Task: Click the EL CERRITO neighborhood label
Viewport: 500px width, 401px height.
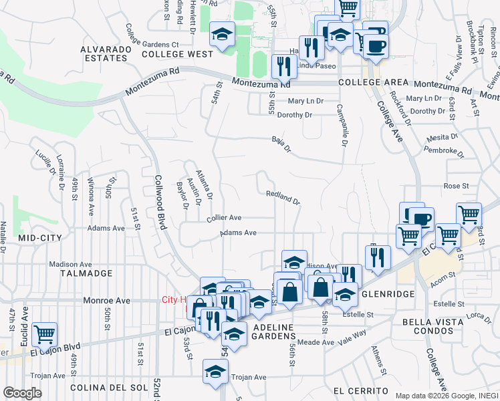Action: pyautogui.click(x=360, y=390)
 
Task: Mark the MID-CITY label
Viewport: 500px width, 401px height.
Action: pyautogui.click(x=39, y=238)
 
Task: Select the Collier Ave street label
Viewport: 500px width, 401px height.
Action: pyautogui.click(x=224, y=218)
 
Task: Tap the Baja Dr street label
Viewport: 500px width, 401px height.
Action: pyautogui.click(x=281, y=144)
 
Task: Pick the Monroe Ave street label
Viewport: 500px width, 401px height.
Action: pyautogui.click(x=106, y=301)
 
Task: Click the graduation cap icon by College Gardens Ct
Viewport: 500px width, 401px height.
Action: pyautogui.click(x=221, y=33)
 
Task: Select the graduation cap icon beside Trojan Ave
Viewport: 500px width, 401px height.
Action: pyautogui.click(x=216, y=372)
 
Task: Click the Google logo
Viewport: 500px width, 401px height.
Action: pyautogui.click(x=21, y=393)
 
